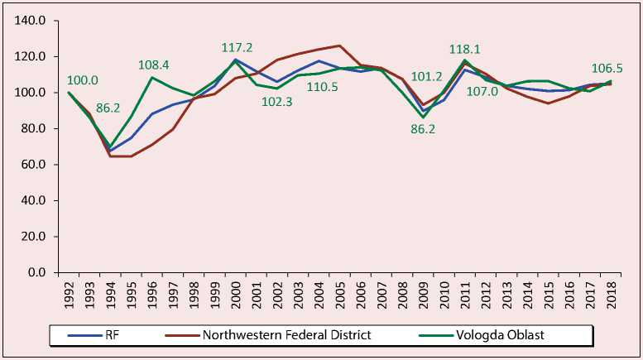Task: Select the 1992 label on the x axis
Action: point(70,291)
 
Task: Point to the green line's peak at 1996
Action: point(152,77)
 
